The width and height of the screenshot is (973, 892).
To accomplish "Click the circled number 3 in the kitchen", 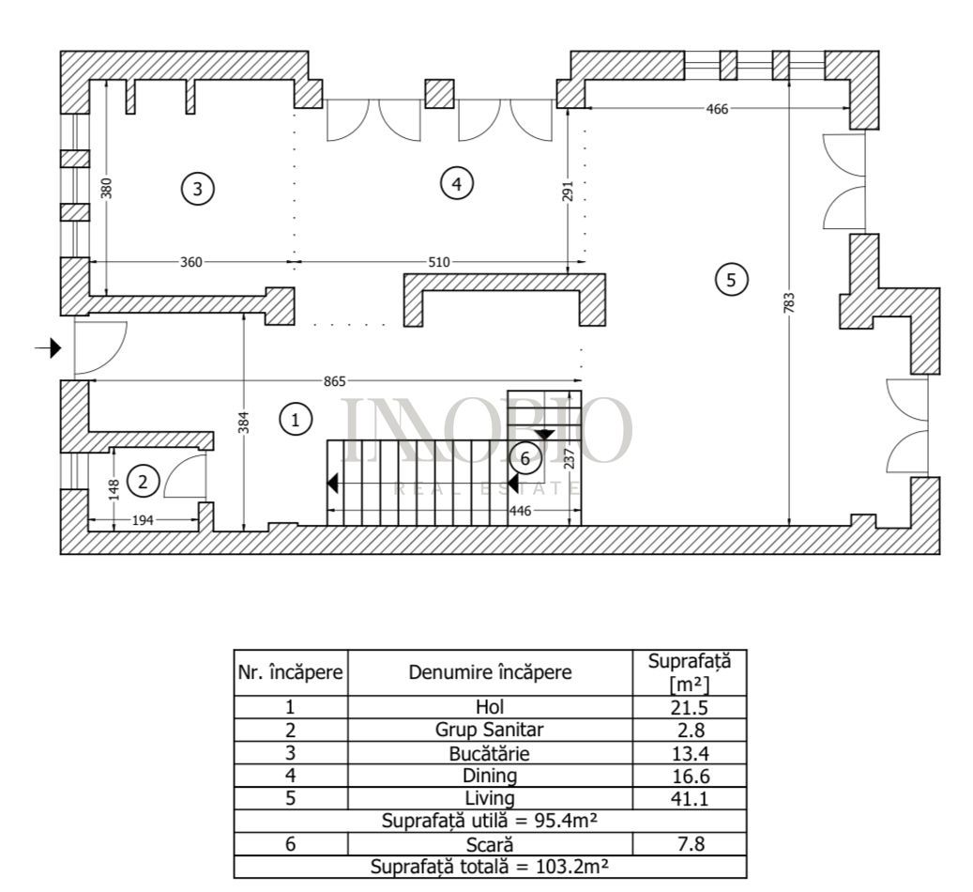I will (x=197, y=189).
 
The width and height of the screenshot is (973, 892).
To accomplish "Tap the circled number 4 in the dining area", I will (x=456, y=184).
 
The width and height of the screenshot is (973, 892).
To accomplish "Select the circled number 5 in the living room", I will (x=732, y=279).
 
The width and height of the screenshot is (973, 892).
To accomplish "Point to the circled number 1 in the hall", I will (x=296, y=420).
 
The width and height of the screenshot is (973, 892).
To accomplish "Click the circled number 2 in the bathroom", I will (x=143, y=483).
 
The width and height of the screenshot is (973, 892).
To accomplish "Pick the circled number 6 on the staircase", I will (x=525, y=458).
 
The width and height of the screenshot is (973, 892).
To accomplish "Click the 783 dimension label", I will (x=789, y=302).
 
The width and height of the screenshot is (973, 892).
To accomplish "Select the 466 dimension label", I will (x=717, y=109).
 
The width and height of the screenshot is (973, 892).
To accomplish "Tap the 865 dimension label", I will (x=335, y=381).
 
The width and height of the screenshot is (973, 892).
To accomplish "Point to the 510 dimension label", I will (x=438, y=263).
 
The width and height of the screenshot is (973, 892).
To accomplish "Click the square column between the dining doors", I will (x=438, y=94).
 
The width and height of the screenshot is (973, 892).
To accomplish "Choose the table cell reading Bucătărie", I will (x=489, y=753).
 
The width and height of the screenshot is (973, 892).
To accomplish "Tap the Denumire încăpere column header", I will (x=489, y=672).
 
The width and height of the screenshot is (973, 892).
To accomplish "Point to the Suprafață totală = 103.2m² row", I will (x=489, y=866).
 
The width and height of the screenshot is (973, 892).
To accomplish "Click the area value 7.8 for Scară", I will (x=689, y=843).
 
